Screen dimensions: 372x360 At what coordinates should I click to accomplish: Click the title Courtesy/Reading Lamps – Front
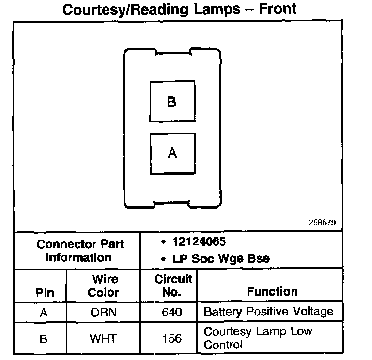coord(180,9)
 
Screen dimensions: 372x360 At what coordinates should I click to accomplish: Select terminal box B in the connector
coord(172,102)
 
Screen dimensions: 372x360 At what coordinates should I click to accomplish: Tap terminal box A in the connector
coord(172,153)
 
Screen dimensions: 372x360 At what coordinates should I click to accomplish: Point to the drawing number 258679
coord(322,223)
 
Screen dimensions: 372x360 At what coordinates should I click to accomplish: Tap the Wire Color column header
coord(104,285)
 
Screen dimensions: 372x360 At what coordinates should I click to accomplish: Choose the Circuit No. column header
coord(173,285)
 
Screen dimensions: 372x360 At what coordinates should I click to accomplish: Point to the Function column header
coord(272,291)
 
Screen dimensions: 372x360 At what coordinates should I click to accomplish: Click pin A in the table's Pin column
coord(44,312)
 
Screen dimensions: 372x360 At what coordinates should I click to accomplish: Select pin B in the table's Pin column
coord(44,338)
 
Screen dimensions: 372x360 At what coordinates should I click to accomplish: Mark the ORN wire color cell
coord(104,312)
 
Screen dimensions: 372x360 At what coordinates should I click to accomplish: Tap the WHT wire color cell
coord(104,338)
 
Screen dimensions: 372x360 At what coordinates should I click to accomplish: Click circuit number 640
coord(172,312)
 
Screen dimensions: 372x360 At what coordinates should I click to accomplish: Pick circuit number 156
coord(172,338)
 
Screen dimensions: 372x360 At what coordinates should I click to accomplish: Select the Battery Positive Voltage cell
coord(268,311)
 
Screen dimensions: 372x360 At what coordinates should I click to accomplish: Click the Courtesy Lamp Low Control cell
coord(259,338)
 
